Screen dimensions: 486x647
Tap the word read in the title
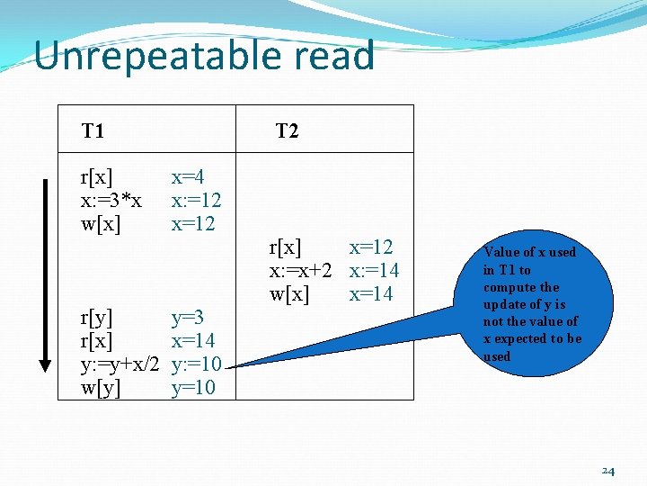click(333, 56)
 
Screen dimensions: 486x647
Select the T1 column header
click(93, 131)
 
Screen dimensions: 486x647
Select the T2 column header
click(287, 131)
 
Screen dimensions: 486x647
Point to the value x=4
click(188, 176)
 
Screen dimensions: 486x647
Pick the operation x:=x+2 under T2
click(301, 270)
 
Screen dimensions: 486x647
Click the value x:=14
click(374, 270)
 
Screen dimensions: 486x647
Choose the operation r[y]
click(96, 317)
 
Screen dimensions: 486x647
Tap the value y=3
click(188, 317)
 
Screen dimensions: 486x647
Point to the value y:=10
click(196, 364)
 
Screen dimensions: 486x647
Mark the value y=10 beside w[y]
click(193, 388)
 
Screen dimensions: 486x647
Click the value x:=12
click(196, 200)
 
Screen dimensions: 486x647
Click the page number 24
click(607, 471)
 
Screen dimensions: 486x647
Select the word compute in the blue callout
click(509, 287)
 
